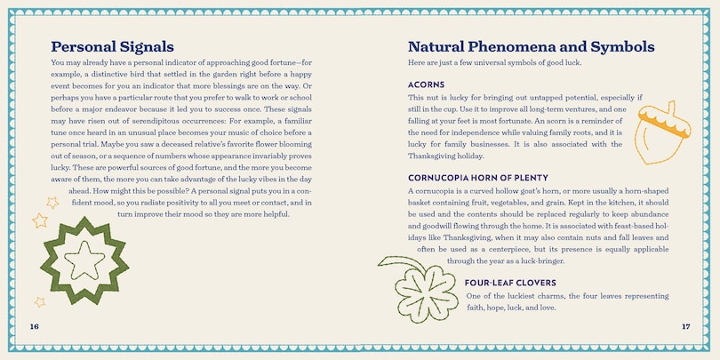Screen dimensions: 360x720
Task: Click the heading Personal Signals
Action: (x=112, y=46)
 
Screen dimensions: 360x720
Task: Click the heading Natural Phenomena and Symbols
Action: (x=531, y=46)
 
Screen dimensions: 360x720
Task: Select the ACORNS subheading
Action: (x=426, y=84)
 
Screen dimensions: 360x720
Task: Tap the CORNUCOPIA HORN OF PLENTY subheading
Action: (x=477, y=178)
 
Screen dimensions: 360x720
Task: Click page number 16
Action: (x=34, y=326)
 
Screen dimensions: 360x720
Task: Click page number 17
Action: (x=685, y=326)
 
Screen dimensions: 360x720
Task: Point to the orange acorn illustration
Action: (x=660, y=132)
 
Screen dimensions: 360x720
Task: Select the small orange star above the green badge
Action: (x=39, y=220)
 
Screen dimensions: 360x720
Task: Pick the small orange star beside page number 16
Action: (x=39, y=302)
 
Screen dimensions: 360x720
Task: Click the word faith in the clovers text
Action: (x=477, y=308)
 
